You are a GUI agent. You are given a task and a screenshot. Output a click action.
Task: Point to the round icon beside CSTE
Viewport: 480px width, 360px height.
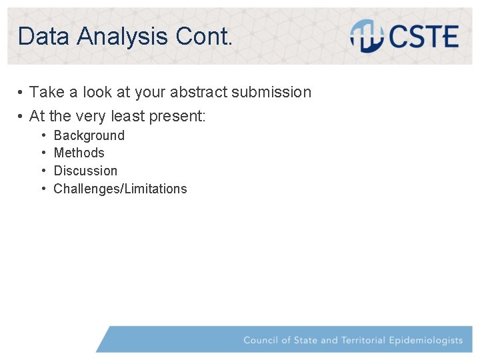coord(367,36)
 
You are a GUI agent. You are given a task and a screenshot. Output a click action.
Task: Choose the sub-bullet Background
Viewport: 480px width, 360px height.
coord(89,135)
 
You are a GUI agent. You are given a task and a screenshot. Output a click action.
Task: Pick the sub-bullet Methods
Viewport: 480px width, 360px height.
coord(79,153)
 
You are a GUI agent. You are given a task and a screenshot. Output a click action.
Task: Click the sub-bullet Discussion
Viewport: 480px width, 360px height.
coord(85,171)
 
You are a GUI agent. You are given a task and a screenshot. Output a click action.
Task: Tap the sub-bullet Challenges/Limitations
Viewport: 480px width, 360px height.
coord(120,189)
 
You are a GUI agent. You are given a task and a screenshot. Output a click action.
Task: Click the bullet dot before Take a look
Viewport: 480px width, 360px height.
coord(21,92)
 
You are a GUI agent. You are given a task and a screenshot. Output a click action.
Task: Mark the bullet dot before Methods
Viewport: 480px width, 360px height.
coord(43,153)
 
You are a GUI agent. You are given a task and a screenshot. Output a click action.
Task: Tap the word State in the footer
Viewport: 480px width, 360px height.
coord(305,340)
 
